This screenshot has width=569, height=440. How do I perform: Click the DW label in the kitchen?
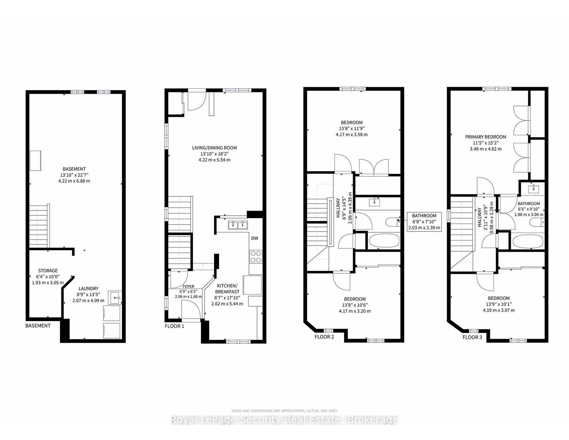[x=254, y=238]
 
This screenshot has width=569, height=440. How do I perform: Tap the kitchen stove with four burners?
[x=255, y=256]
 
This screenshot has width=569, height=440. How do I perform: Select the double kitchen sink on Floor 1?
[x=238, y=225]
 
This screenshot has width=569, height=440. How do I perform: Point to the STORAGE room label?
[x=48, y=271]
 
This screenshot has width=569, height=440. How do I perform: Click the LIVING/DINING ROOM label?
[x=214, y=148]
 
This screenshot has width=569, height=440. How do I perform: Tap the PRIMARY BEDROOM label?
[x=486, y=137]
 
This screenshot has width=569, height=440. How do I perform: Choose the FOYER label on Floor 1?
[x=188, y=287]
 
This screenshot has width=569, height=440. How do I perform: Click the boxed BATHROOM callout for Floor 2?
[x=424, y=222]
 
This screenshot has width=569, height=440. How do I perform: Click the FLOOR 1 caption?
[x=174, y=326]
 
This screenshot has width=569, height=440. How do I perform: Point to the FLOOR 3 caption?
[x=472, y=337]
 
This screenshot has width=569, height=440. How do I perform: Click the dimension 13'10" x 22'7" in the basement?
[x=74, y=175]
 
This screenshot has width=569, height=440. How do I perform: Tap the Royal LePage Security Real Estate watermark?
[x=284, y=420]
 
